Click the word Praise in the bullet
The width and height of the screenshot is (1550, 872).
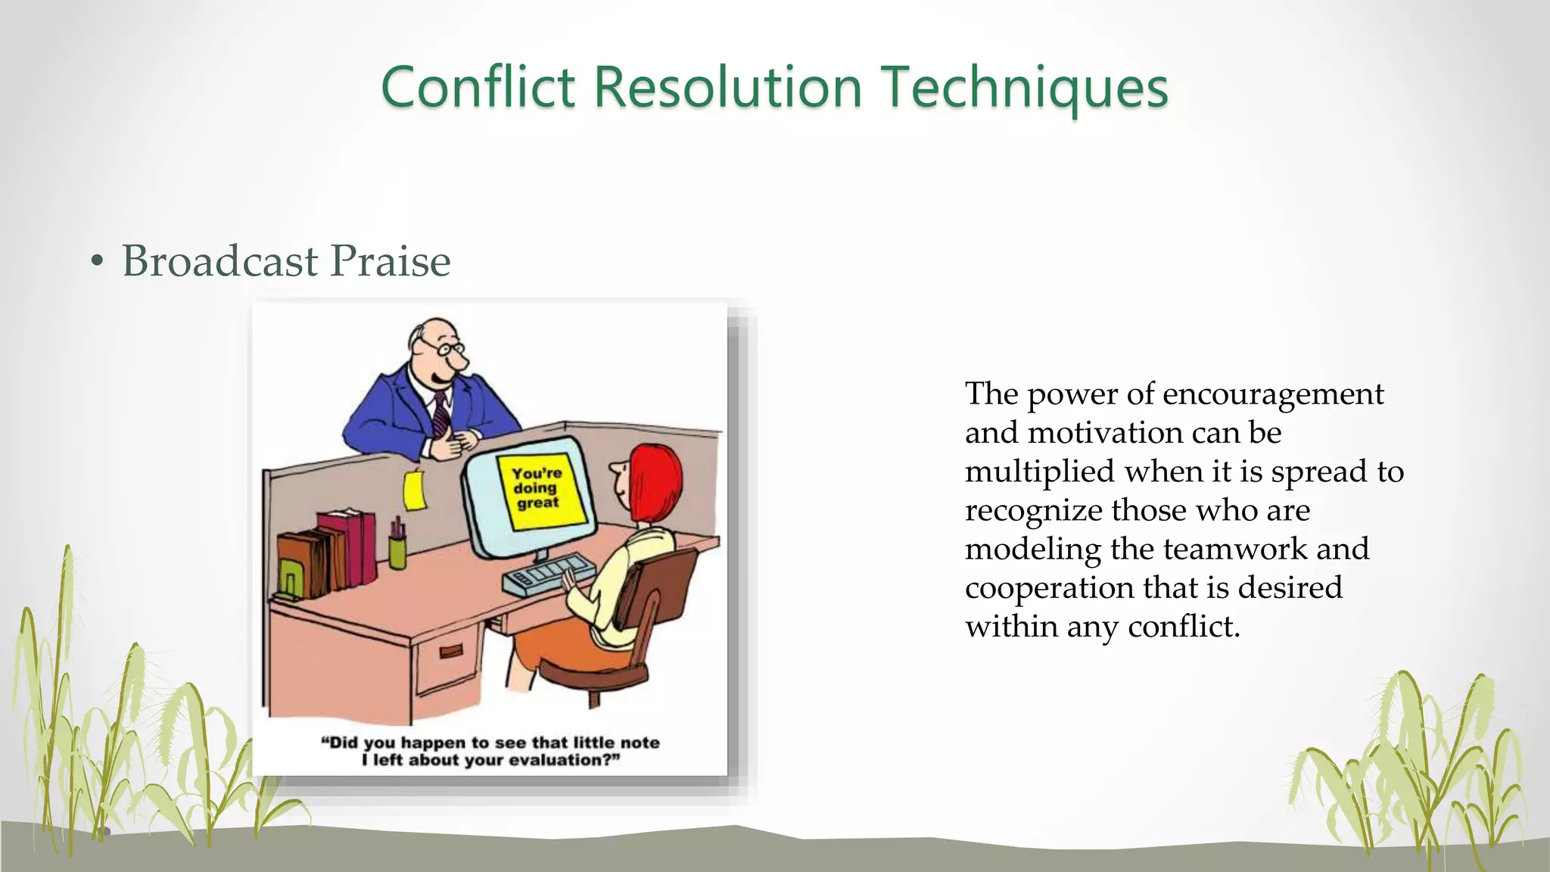391,261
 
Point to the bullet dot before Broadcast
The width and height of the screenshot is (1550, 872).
96,262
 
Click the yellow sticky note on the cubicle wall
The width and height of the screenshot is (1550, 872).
414,490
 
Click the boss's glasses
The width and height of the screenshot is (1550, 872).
442,347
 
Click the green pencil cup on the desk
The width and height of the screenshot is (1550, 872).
397,549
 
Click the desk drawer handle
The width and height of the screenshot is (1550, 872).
451,651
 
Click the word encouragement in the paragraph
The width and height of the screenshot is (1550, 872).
1273,394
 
